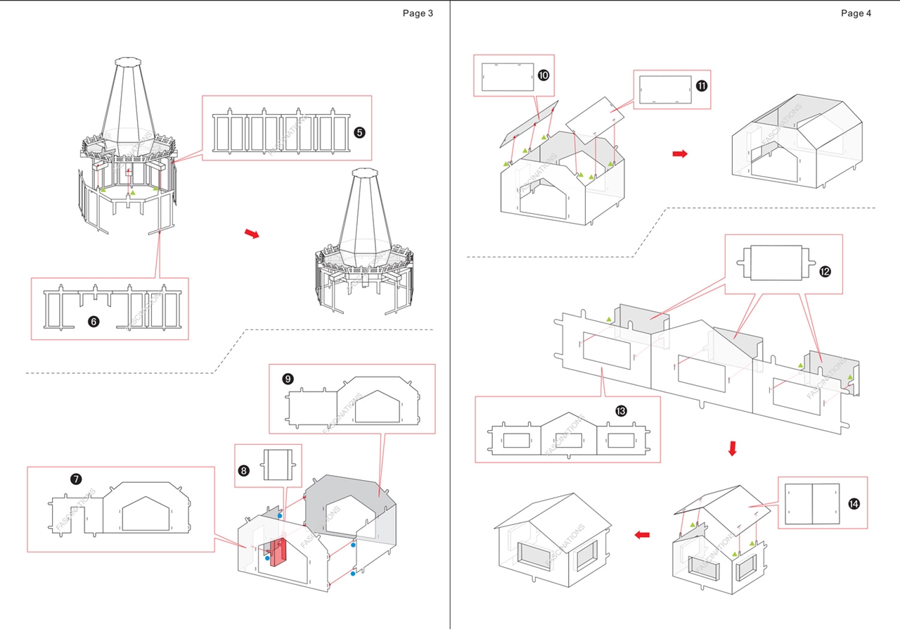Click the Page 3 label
coord(418,13)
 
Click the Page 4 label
coord(856,13)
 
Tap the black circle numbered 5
coord(359,132)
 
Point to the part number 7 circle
coord(76,479)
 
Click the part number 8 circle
coord(244,471)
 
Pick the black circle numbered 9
coord(288,379)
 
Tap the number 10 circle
coord(544,75)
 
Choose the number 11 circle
coord(701,85)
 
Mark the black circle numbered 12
coord(825,271)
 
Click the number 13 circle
coord(621,410)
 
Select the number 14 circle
coord(854,504)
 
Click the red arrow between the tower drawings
coord(252,234)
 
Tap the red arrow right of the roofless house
coord(679,153)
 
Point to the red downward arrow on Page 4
coord(732,448)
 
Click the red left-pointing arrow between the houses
coord(642,535)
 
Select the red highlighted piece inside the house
coord(279,551)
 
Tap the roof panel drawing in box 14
coord(812,504)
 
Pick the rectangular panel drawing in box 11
coord(665,89)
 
